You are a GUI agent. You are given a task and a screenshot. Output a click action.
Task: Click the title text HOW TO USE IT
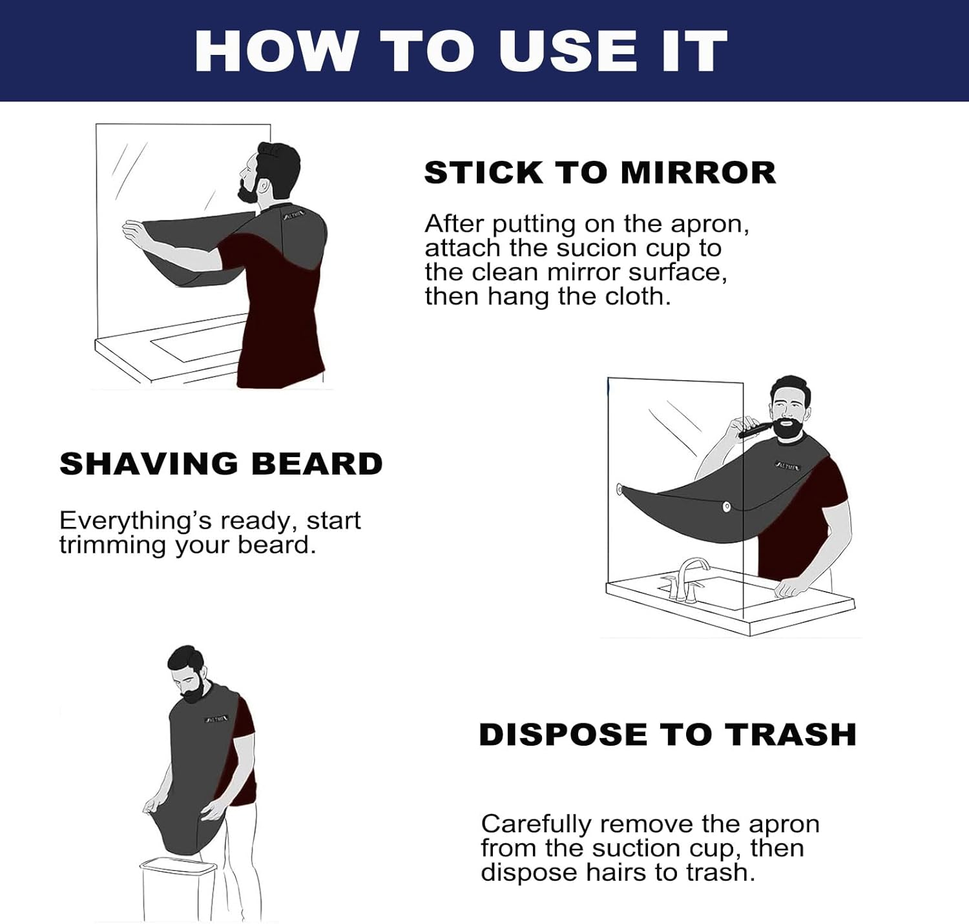point(461,51)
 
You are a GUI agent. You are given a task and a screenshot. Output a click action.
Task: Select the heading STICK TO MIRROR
point(599,173)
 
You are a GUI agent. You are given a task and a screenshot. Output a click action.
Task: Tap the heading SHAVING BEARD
point(221,464)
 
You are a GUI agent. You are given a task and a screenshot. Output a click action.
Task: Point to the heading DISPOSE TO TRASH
point(667,735)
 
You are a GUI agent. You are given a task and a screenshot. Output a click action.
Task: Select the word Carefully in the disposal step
point(536,825)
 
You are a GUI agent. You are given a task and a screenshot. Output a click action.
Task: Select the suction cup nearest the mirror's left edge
point(620,489)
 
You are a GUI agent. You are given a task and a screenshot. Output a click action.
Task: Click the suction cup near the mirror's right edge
point(727,507)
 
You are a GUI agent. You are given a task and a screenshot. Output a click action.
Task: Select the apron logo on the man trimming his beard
point(787,466)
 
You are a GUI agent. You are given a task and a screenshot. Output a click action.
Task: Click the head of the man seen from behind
point(275,171)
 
